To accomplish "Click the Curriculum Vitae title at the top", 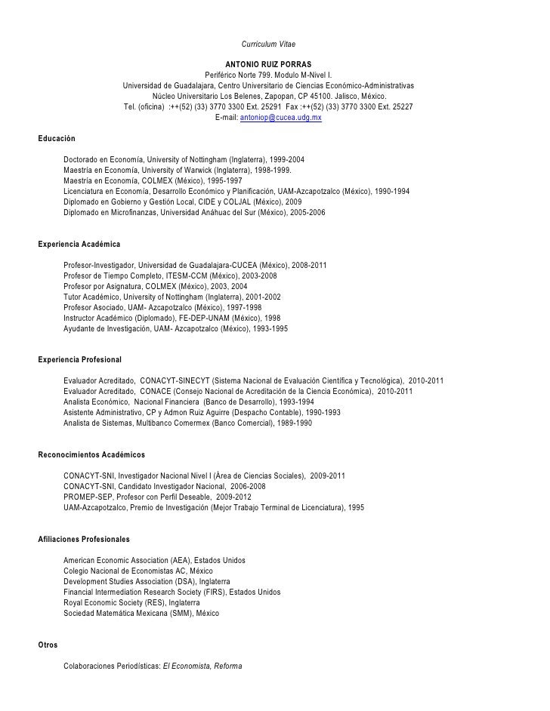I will pos(268,48).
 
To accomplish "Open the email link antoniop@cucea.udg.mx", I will pos(280,119).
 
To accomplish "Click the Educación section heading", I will pos(57,140).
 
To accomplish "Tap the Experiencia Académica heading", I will pos(79,245).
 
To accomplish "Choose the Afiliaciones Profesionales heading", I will pos(84,540).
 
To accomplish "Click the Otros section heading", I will pos(47,645).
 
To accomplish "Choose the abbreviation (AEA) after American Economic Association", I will pos(181,561).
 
